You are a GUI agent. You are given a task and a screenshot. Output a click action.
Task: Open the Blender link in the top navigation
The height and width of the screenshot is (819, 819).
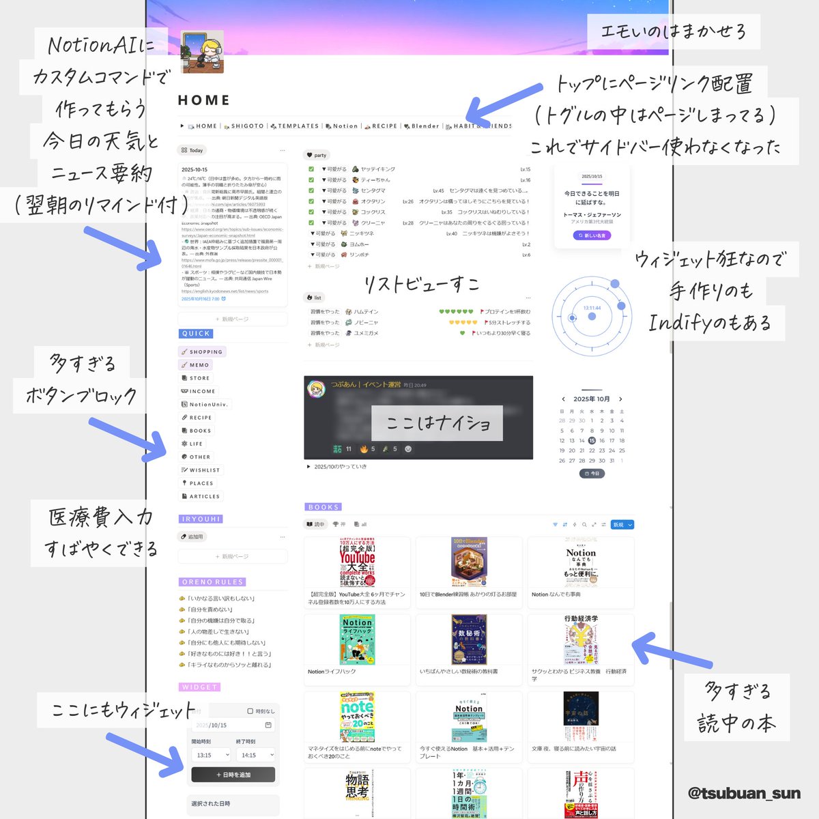(x=425, y=126)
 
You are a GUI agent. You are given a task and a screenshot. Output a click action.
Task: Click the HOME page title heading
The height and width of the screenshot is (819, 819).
(x=203, y=100)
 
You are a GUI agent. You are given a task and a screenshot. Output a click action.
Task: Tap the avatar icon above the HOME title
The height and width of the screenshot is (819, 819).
(x=202, y=52)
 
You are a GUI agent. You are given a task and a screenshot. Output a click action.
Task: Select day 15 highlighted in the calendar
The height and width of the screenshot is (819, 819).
(x=592, y=441)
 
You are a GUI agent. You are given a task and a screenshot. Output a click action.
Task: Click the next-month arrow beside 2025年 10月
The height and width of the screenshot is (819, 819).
(x=620, y=399)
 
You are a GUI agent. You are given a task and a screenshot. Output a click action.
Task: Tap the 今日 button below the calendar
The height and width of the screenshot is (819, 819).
(x=592, y=474)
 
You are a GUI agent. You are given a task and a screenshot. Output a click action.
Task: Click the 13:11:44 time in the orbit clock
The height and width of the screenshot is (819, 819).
(x=592, y=308)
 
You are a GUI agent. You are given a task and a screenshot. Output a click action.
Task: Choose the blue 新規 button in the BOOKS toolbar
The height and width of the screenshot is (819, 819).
(x=622, y=525)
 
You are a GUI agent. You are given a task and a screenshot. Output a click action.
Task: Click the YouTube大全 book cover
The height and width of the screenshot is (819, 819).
(x=357, y=563)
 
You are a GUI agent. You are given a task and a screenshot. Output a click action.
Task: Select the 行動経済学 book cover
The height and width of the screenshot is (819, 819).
(x=581, y=640)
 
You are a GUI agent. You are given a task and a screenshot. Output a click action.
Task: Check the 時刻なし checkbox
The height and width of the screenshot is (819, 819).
(x=250, y=711)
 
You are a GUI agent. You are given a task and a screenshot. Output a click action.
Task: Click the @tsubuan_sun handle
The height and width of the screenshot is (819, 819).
(x=744, y=793)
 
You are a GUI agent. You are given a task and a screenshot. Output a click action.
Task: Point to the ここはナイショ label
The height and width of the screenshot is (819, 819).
(x=437, y=423)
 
